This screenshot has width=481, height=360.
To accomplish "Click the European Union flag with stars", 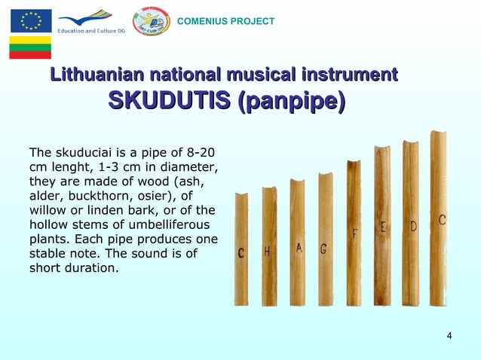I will (30, 20).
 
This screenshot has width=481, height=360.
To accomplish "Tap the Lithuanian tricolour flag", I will (30, 47).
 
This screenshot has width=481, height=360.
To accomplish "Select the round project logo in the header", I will (151, 21).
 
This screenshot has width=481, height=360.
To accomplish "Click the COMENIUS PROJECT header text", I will (225, 21).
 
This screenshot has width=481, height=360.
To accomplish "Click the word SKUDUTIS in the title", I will (170, 100).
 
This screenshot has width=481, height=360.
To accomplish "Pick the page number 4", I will (449, 335).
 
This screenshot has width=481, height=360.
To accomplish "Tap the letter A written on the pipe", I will (299, 247).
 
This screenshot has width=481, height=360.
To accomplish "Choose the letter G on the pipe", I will (323, 249).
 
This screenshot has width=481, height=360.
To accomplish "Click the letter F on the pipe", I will (354, 235).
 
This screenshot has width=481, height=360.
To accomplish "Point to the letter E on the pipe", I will (384, 227).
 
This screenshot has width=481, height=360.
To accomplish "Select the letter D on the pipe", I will (414, 226).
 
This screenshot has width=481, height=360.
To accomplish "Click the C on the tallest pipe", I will (442, 220).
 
